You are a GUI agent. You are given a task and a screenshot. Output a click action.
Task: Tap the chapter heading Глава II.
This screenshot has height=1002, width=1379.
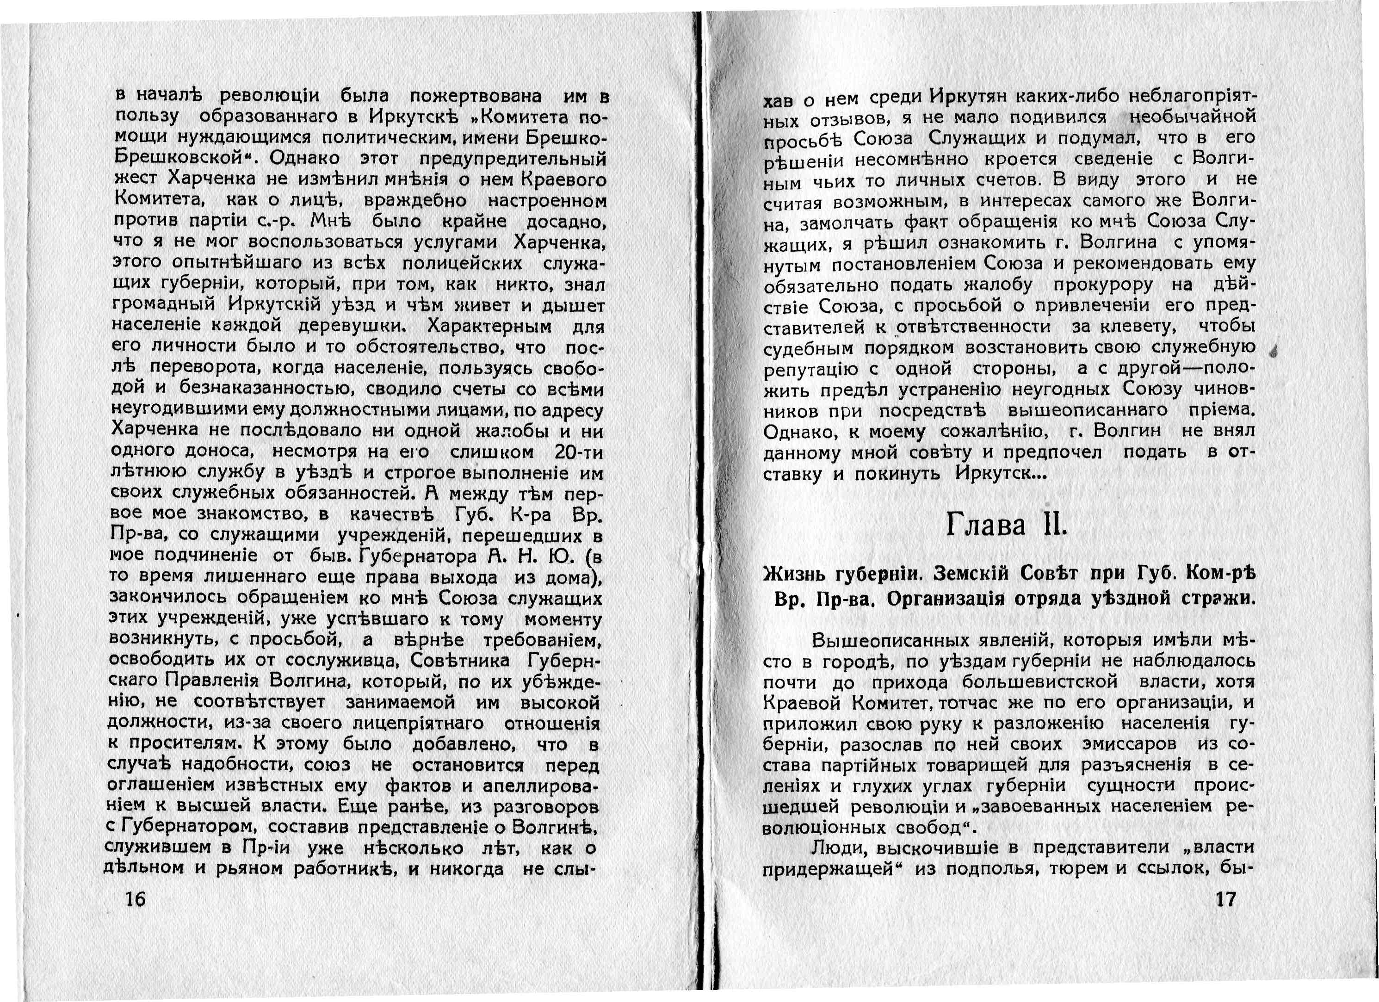click(1007, 526)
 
